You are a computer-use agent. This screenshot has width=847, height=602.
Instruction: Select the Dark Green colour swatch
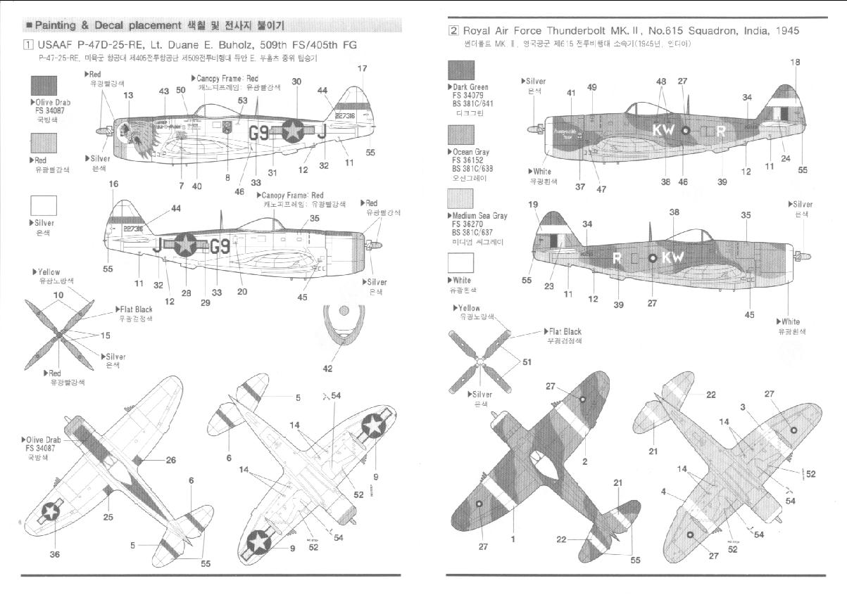[x=461, y=70]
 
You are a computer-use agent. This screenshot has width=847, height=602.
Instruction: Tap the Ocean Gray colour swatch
[x=461, y=134]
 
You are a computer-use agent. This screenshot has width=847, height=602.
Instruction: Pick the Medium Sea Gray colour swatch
[x=461, y=199]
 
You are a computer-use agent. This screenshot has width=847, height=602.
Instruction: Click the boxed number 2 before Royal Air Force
[x=454, y=31]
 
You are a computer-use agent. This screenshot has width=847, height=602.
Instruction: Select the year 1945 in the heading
[x=784, y=31]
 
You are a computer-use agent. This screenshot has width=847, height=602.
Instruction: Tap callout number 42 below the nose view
[x=328, y=368]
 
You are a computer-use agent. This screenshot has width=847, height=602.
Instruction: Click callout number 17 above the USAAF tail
[x=362, y=69]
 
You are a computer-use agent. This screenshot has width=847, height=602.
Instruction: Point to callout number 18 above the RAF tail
[x=795, y=63]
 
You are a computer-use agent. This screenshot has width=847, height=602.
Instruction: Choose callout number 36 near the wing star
[x=54, y=555]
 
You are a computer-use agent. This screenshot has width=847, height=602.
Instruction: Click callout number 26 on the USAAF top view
[x=170, y=461]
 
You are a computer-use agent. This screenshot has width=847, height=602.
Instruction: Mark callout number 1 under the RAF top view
[x=513, y=539]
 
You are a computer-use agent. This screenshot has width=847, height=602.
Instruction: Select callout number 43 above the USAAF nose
[x=164, y=91]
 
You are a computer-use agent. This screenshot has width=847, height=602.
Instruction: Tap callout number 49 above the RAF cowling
[x=591, y=87]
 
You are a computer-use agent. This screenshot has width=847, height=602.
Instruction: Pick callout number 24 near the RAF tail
[x=786, y=158]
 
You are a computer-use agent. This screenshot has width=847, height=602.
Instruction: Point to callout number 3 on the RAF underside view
[x=742, y=406]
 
